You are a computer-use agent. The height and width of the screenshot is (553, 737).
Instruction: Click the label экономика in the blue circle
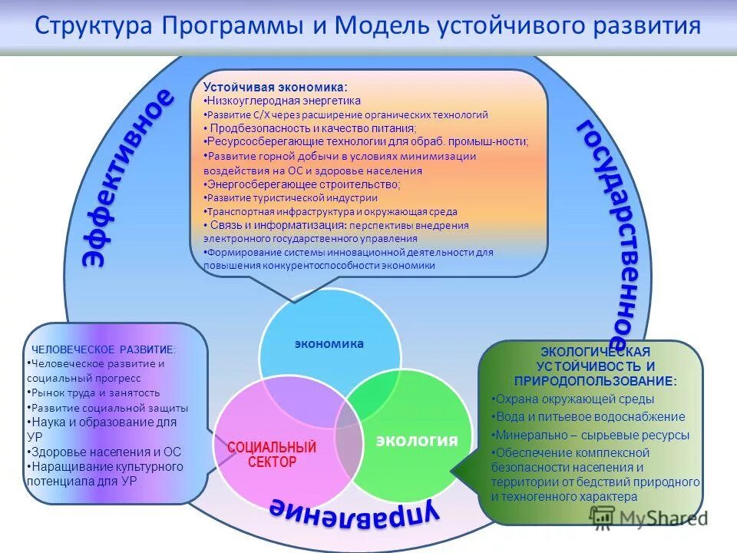click(x=329, y=343)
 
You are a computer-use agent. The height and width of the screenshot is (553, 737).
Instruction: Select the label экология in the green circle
click(x=416, y=440)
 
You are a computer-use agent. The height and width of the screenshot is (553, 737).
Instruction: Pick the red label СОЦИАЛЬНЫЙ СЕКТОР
click(x=272, y=454)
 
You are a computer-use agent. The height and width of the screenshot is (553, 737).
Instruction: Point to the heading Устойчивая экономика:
click(x=275, y=88)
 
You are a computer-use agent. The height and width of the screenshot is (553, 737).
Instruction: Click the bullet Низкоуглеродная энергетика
click(x=283, y=101)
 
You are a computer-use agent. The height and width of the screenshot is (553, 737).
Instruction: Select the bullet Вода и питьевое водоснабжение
click(x=589, y=416)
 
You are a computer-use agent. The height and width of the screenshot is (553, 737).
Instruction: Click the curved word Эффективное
click(x=127, y=177)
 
